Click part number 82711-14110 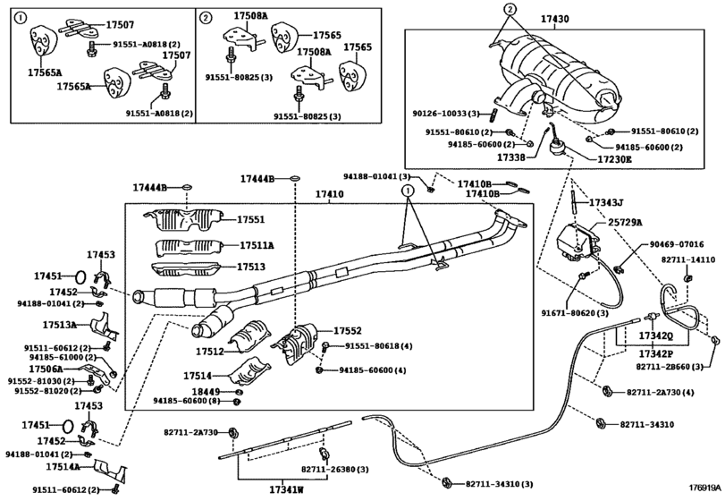[688, 259]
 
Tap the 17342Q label [654, 335]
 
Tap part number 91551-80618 [375, 345]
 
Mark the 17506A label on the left [46, 368]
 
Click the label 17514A [56, 466]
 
